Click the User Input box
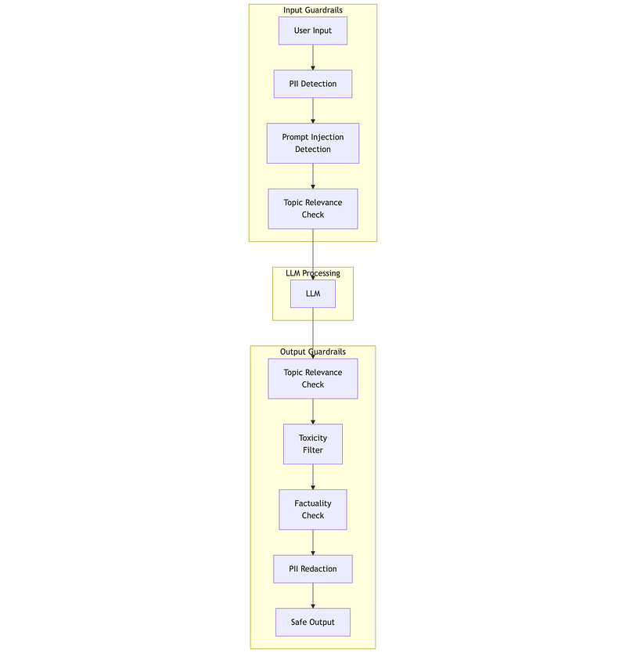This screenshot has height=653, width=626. tap(312, 31)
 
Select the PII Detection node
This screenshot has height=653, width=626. tap(312, 84)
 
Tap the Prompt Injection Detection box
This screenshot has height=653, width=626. tap(312, 143)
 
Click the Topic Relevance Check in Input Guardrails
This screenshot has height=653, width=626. tap(312, 208)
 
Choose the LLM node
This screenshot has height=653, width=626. tap(312, 294)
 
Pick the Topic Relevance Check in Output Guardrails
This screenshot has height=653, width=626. tap(312, 378)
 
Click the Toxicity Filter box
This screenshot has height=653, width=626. tap(312, 444)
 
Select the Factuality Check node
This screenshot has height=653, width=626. tap(312, 509)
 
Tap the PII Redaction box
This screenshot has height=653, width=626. tap(312, 569)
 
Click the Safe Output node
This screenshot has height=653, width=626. tap(312, 622)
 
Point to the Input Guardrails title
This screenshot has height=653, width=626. tap(312, 10)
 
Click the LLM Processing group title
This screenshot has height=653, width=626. tap(312, 273)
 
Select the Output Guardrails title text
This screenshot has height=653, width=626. tap(312, 352)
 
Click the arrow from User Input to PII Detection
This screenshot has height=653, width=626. tap(313, 57)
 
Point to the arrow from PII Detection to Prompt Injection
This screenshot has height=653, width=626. tap(313, 110)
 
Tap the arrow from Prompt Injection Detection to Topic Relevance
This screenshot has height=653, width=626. tap(313, 176)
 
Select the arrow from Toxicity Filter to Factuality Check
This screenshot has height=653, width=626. tap(313, 477)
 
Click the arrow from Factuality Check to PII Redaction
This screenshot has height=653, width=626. tap(313, 543)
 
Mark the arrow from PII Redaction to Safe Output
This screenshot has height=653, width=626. tap(313, 596)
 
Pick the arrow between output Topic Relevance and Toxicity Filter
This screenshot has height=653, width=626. tap(313, 412)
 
